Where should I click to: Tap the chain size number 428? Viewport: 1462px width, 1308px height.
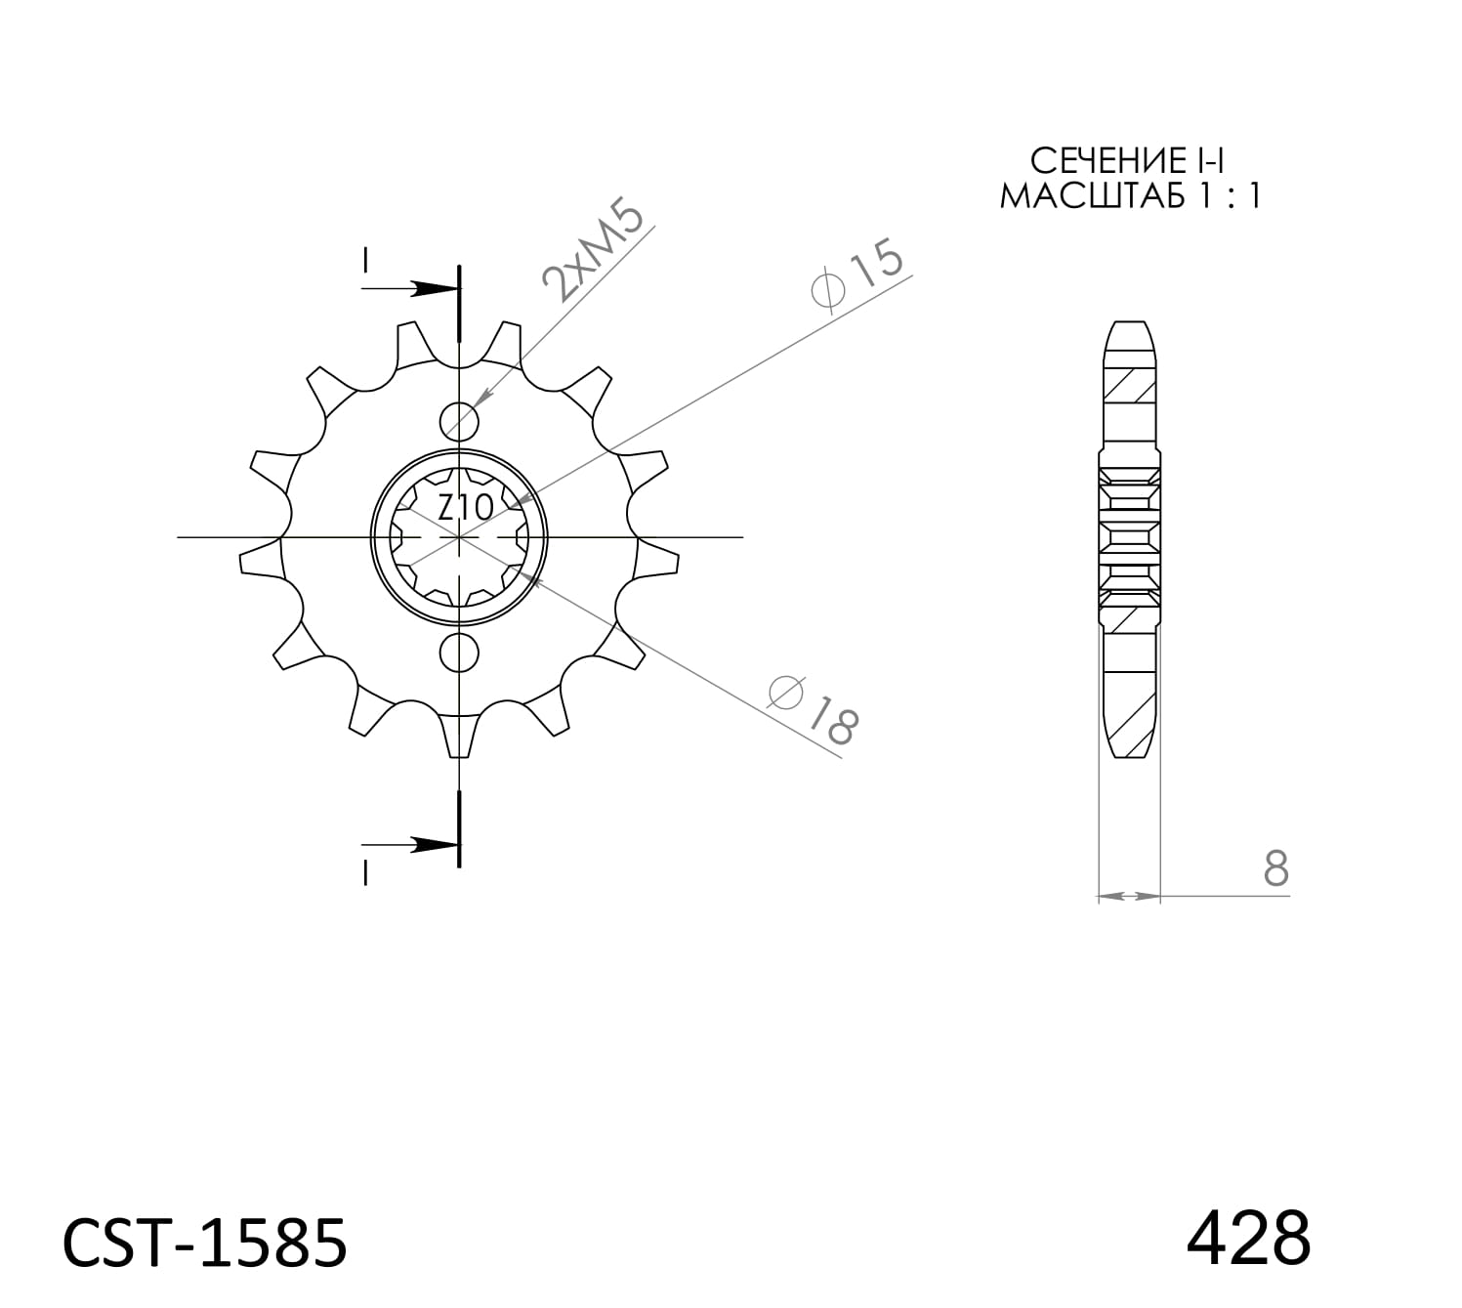(1247, 1238)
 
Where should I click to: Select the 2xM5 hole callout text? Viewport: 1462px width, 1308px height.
(595, 253)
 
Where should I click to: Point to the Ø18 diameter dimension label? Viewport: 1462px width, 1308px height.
(814, 708)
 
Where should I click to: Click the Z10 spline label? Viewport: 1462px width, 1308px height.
(451, 508)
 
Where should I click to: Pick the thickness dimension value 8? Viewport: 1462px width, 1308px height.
(1275, 868)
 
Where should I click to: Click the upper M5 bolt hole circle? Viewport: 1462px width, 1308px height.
(459, 422)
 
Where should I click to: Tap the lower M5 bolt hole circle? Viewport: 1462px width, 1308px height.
(459, 653)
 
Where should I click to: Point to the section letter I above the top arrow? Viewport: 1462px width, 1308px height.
(365, 261)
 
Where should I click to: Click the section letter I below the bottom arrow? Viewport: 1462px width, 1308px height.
(365, 873)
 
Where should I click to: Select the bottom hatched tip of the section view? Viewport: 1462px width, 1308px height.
(1130, 728)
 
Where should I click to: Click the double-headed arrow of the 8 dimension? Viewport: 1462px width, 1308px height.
(1129, 895)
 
